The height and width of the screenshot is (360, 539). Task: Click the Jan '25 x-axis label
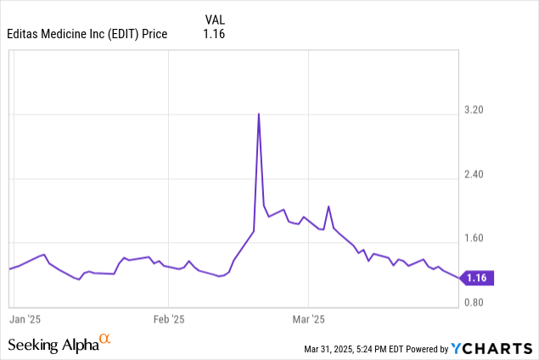[x=25, y=319]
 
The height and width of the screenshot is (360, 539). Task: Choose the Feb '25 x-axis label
[x=168, y=319]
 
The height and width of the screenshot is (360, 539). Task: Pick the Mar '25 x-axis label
[x=308, y=319]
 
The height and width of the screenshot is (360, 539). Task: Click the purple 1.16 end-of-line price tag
[x=477, y=277]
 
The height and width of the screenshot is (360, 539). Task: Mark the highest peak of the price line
[x=258, y=114]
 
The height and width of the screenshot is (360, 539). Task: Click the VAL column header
[x=215, y=19]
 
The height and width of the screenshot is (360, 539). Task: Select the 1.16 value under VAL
[x=214, y=34]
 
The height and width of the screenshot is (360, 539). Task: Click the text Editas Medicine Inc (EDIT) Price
[x=87, y=34]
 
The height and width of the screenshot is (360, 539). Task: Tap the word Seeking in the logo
[x=33, y=345]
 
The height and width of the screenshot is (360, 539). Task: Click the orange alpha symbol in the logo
[x=105, y=340]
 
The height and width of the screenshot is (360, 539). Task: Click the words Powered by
[x=427, y=349]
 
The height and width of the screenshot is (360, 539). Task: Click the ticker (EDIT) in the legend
[x=128, y=34]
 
